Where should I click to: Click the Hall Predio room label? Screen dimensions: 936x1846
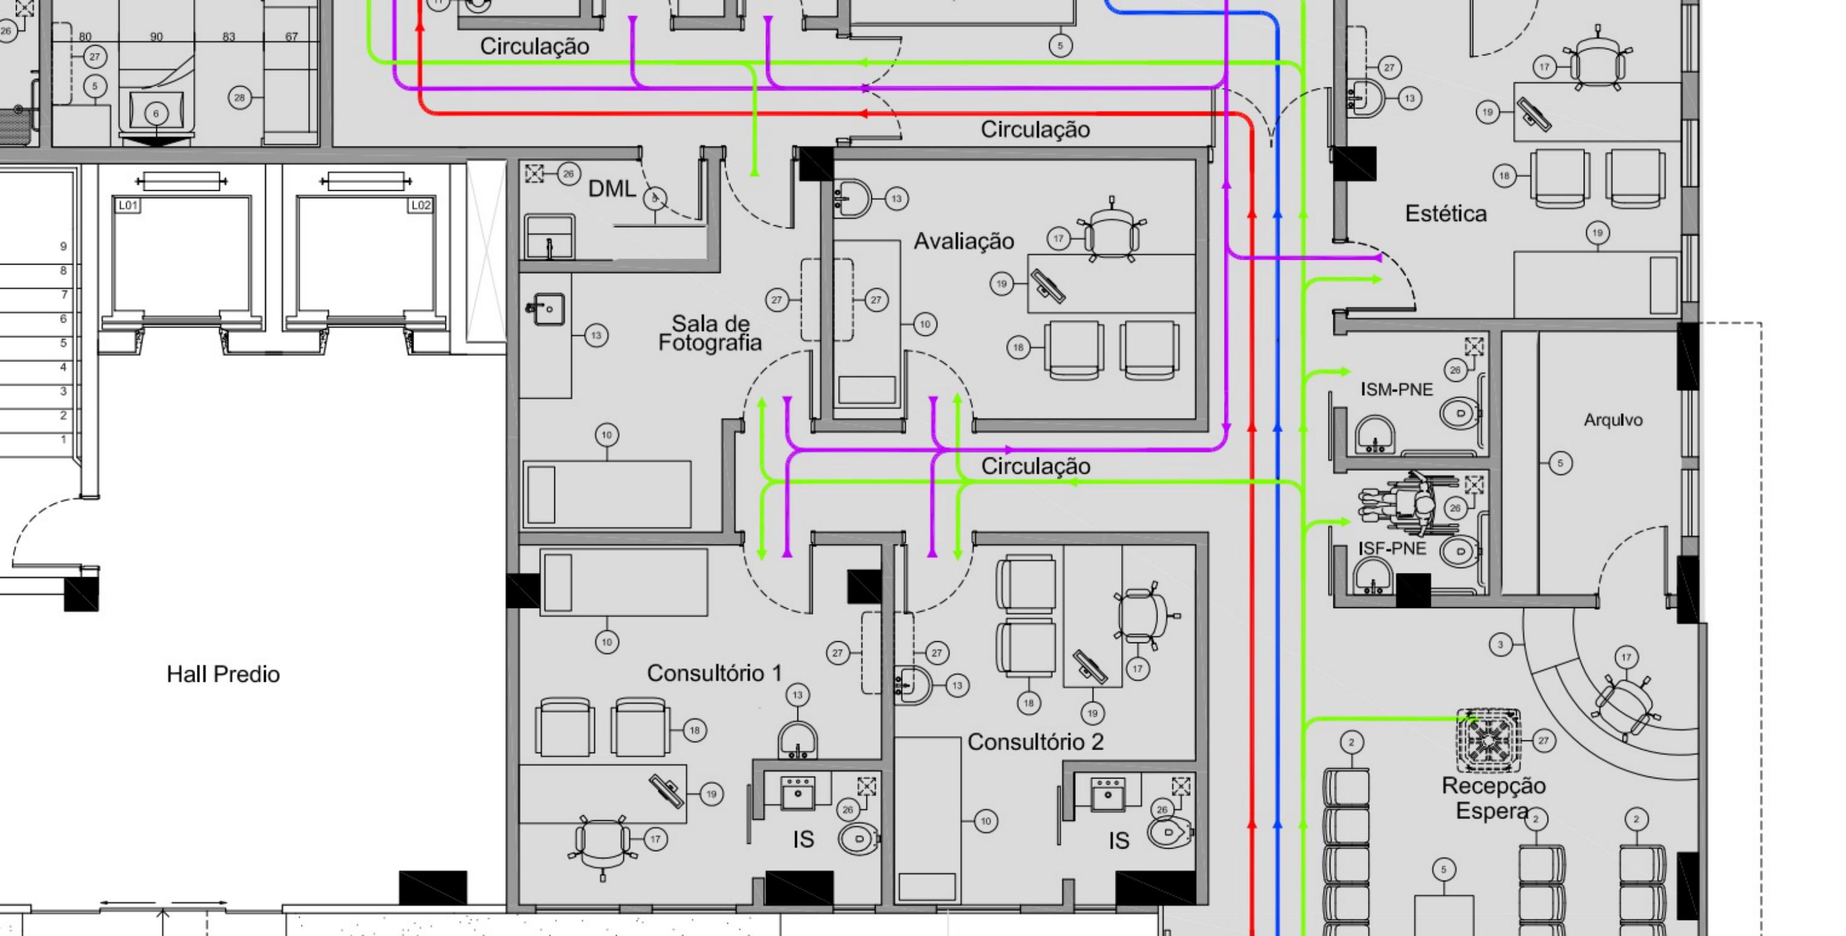click(x=223, y=674)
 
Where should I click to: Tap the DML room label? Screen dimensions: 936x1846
click(x=611, y=189)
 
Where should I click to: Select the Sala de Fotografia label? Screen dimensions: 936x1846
click(x=709, y=334)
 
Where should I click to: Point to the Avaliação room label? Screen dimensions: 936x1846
click(x=963, y=241)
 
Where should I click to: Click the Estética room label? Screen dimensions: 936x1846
click(x=1445, y=214)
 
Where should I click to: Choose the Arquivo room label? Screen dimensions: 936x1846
click(x=1612, y=420)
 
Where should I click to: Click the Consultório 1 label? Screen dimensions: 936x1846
click(x=714, y=673)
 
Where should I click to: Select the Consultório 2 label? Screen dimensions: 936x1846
click(x=1035, y=742)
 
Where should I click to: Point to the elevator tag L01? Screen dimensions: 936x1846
click(x=127, y=206)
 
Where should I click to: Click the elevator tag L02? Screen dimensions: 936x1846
click(x=420, y=206)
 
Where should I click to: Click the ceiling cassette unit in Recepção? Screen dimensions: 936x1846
click(x=1488, y=740)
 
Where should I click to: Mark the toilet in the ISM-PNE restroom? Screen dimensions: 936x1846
click(x=1460, y=414)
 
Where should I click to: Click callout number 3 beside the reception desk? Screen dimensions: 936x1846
click(x=1500, y=644)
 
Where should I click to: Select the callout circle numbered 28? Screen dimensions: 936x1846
click(x=239, y=97)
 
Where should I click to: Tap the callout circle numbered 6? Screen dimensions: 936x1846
click(x=156, y=113)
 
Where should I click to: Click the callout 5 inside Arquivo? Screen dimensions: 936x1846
click(x=1560, y=463)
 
